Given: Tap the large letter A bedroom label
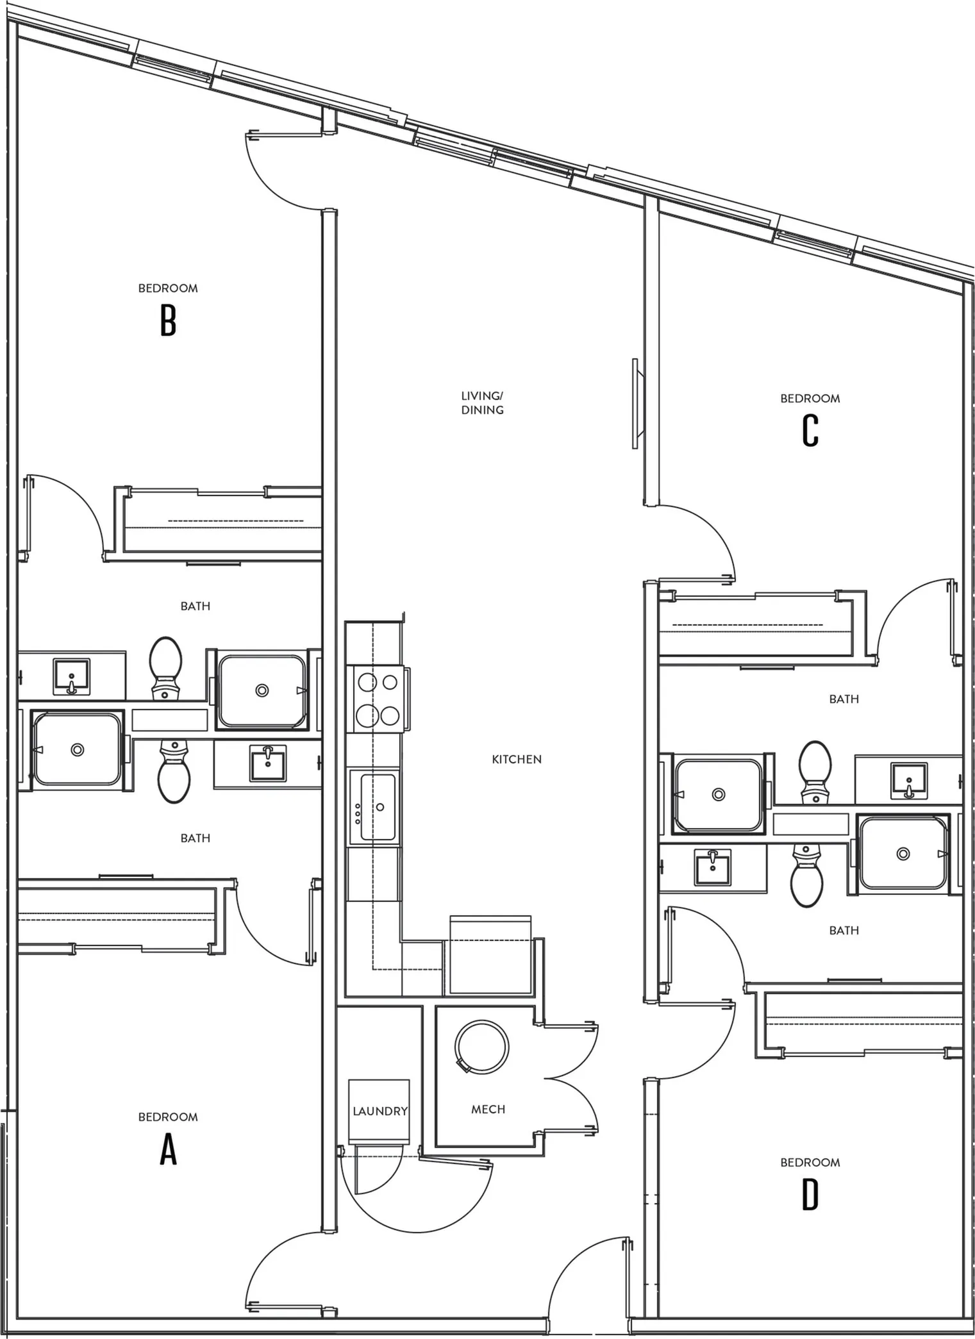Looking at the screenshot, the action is point(168,1150).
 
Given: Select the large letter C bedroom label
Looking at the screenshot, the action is point(810,431).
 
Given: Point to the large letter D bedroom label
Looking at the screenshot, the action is point(810,1195).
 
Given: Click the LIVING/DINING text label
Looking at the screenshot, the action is point(482,403).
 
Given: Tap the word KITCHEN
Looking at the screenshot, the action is point(517,760).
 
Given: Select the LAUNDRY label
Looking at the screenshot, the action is point(380,1111).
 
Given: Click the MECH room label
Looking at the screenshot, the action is point(488,1110).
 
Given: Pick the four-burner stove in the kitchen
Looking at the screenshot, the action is point(377,699).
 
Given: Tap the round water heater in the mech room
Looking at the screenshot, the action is point(482,1047).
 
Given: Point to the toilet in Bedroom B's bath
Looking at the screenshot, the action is point(165,667).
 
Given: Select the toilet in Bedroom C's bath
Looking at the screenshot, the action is point(815,772).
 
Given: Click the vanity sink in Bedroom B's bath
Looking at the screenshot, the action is point(71,676).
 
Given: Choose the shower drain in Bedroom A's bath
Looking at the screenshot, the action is point(78,749).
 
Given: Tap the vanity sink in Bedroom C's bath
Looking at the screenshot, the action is point(909,781).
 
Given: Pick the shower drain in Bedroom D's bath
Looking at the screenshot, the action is point(903,854).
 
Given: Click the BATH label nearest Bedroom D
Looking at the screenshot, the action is point(844,930).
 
